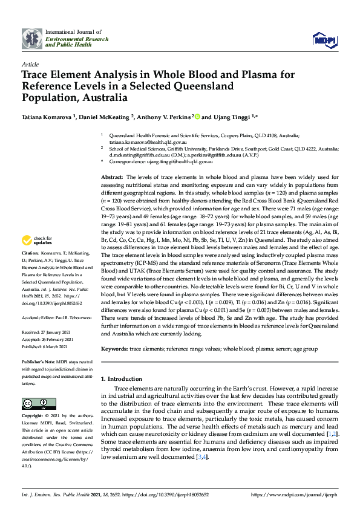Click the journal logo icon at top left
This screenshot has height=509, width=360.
click(x=32, y=38)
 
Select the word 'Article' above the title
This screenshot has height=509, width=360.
click(x=30, y=63)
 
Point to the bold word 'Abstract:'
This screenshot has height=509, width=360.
click(x=114, y=175)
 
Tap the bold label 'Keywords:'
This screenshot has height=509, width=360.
click(x=114, y=349)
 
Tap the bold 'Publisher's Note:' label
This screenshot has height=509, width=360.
click(x=38, y=361)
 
